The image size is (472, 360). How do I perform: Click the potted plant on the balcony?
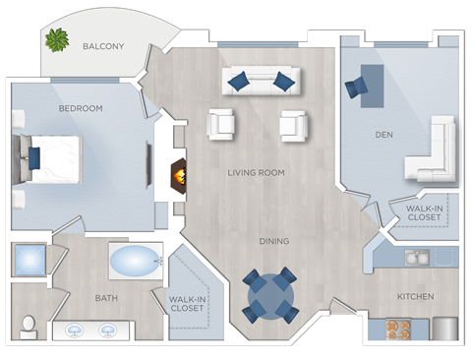tap(57, 40)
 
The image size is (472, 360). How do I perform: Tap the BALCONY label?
tap(103, 46)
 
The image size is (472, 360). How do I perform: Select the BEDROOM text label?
tap(81, 108)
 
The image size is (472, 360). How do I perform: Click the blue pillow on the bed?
tap(34, 157)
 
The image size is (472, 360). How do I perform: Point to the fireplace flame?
tap(179, 178)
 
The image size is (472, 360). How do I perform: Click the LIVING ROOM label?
tap(256, 173)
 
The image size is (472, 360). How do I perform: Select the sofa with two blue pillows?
tap(261, 81)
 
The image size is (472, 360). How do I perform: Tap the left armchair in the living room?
tap(222, 124)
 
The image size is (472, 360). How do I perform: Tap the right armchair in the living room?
tap(294, 125)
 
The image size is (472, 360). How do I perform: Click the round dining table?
tap(267, 293)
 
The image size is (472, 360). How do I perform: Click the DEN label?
tap(385, 134)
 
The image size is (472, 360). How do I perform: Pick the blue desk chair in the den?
tap(355, 89)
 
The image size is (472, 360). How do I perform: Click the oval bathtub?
tap(136, 263)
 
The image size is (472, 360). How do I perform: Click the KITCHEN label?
tap(415, 296)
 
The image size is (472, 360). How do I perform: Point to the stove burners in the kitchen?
tap(398, 328)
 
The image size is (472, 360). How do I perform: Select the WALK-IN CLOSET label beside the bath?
tap(187, 303)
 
